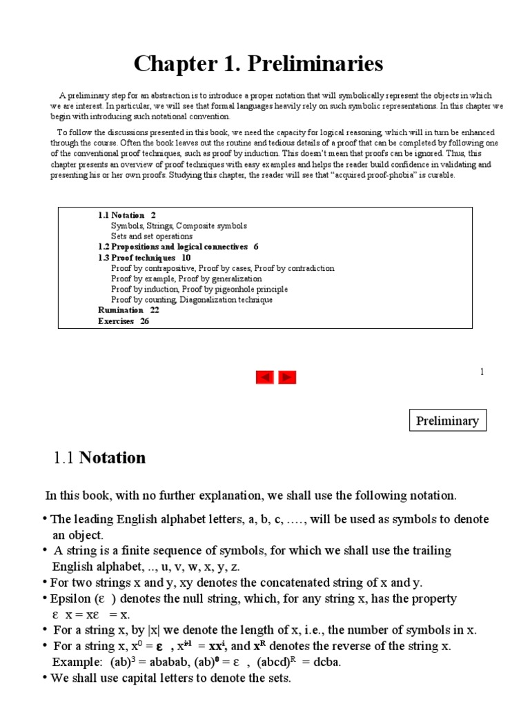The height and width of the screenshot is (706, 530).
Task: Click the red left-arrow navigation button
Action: (x=265, y=377)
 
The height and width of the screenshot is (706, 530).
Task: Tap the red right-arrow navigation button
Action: (x=287, y=377)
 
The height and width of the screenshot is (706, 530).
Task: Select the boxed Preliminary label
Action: (x=447, y=421)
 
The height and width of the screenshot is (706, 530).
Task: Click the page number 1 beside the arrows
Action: (x=482, y=372)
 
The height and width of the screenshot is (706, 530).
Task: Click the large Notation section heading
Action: (x=112, y=458)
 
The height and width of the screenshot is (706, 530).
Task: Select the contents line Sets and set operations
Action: (x=152, y=236)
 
